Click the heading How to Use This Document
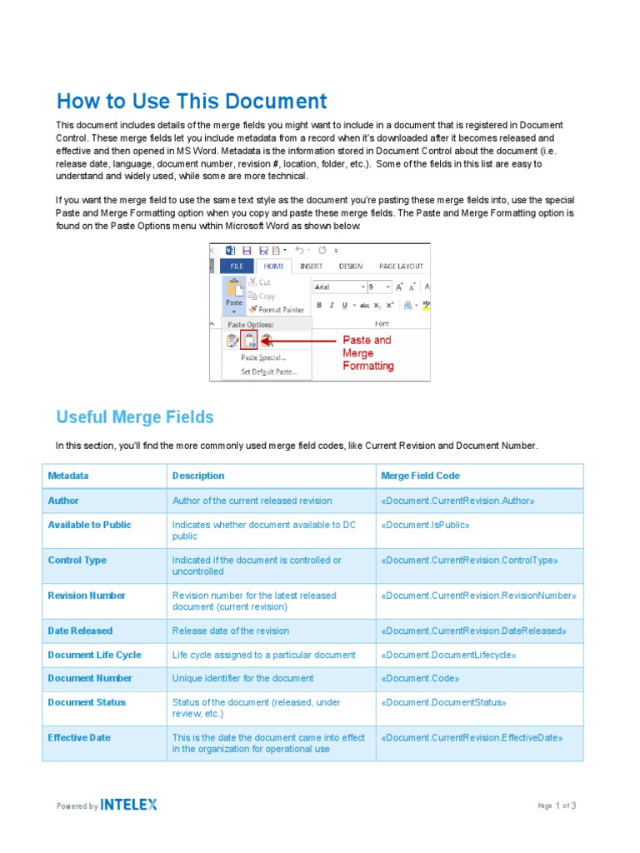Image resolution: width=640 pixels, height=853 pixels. [192, 102]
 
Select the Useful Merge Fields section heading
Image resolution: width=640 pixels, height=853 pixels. [135, 417]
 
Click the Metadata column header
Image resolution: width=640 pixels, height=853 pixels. [68, 476]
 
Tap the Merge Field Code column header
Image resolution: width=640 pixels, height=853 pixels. [420, 476]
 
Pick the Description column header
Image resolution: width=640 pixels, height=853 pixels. [198, 476]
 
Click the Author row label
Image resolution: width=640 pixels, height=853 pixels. [64, 501]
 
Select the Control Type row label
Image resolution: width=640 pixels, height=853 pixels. [77, 561]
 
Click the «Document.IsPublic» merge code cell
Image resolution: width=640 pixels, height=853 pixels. [425, 525]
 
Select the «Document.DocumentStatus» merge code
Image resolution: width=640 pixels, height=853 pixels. [443, 702]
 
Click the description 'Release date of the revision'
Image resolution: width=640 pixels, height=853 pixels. [231, 631]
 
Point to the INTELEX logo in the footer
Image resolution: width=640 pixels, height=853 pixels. [129, 805]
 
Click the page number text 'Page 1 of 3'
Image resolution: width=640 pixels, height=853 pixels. [557, 806]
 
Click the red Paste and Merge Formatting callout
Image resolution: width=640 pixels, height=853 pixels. [367, 353]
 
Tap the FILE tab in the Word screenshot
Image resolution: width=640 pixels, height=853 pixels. [237, 267]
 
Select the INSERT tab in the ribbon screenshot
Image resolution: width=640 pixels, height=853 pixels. [311, 267]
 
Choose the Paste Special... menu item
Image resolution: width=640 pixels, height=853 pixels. [262, 357]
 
